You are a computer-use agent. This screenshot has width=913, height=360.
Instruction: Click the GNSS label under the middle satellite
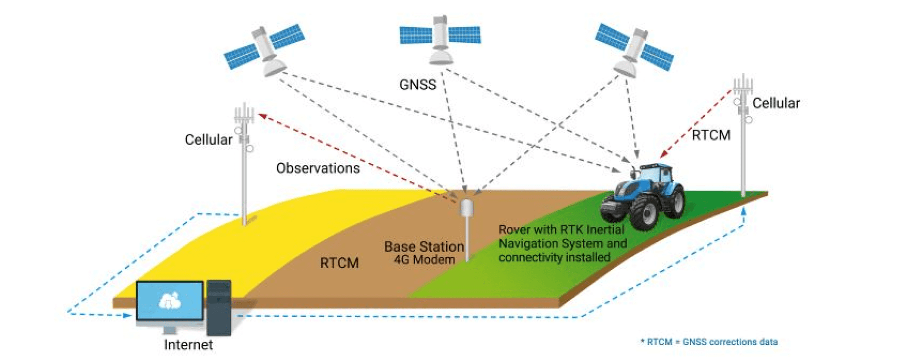click(x=417, y=85)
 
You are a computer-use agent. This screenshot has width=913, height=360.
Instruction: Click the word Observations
click(x=318, y=168)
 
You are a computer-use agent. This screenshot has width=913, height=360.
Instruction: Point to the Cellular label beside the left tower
click(x=208, y=140)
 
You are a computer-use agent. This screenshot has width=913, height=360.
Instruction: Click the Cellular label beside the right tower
click(x=775, y=103)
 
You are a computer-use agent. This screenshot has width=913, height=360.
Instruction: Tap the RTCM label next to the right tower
click(x=711, y=136)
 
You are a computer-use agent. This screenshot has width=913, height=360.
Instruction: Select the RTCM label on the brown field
click(x=339, y=263)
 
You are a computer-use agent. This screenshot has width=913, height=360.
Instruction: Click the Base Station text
click(x=424, y=247)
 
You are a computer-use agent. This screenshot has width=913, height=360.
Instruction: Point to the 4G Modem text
click(x=424, y=260)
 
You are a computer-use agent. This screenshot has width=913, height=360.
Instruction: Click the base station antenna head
click(x=466, y=207)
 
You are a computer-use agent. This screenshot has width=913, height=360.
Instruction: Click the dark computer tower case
click(x=219, y=308)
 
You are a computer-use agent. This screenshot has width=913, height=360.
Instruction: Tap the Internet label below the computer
click(x=188, y=345)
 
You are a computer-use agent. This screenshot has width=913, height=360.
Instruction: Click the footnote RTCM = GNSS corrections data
click(x=709, y=342)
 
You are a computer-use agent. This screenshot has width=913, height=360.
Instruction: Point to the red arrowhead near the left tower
click(x=262, y=116)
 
